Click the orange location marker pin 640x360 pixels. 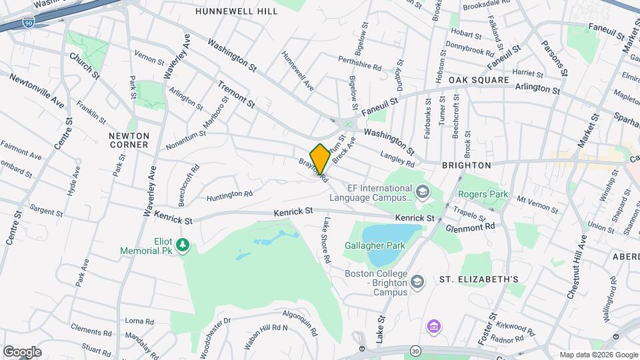320,159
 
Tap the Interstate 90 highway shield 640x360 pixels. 27,21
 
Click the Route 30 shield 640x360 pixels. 415,350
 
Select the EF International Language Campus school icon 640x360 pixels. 422,193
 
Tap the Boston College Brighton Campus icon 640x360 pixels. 417,282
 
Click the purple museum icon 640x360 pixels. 433,327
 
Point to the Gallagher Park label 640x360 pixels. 375,245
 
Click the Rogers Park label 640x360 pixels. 483,195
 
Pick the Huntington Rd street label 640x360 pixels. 230,195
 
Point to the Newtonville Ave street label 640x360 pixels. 36,91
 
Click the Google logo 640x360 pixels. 22,351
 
